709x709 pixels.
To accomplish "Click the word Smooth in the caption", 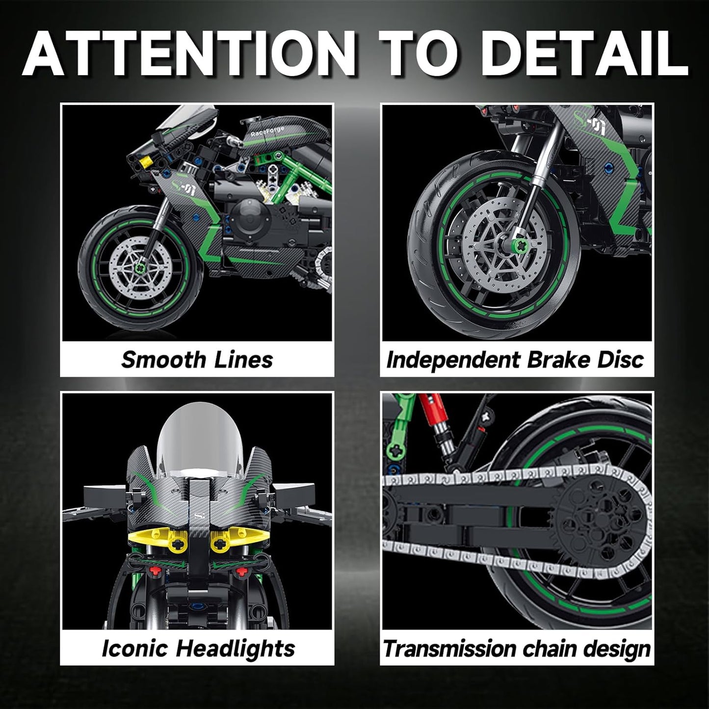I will coord(156,360).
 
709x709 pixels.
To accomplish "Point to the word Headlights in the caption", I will coord(236,648).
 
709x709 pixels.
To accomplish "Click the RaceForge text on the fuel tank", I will coord(267,132).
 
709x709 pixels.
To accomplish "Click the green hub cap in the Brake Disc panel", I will coord(505,244).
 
